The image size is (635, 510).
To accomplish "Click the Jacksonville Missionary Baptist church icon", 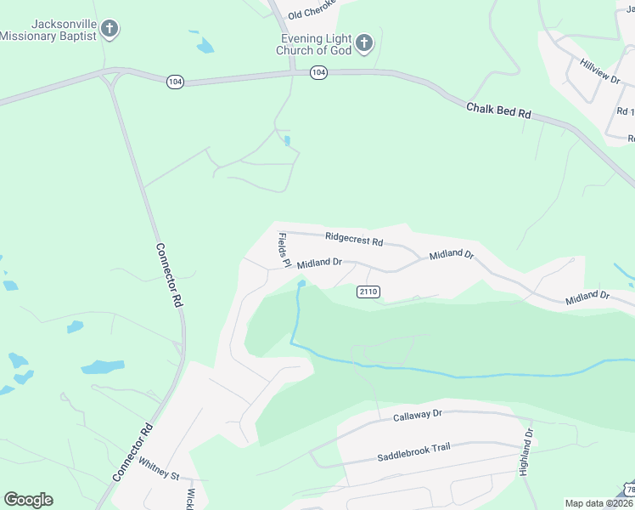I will [109, 30].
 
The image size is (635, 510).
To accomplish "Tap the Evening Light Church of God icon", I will [363, 43].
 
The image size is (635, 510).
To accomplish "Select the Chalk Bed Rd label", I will [498, 111].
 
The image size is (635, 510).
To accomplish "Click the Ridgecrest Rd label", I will [353, 240].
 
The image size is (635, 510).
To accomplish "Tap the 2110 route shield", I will [368, 292].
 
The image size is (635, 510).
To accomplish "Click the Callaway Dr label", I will [418, 415].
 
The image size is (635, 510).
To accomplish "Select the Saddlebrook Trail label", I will [413, 452].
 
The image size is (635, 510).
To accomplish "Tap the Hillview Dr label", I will [600, 71].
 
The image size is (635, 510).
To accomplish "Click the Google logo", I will [28, 500].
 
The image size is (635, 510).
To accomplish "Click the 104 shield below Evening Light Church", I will [317, 72].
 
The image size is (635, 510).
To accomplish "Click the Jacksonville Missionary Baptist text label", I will [48, 30].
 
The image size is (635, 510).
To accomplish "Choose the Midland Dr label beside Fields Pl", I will [318, 263].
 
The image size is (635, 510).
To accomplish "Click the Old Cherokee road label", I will [312, 10].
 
